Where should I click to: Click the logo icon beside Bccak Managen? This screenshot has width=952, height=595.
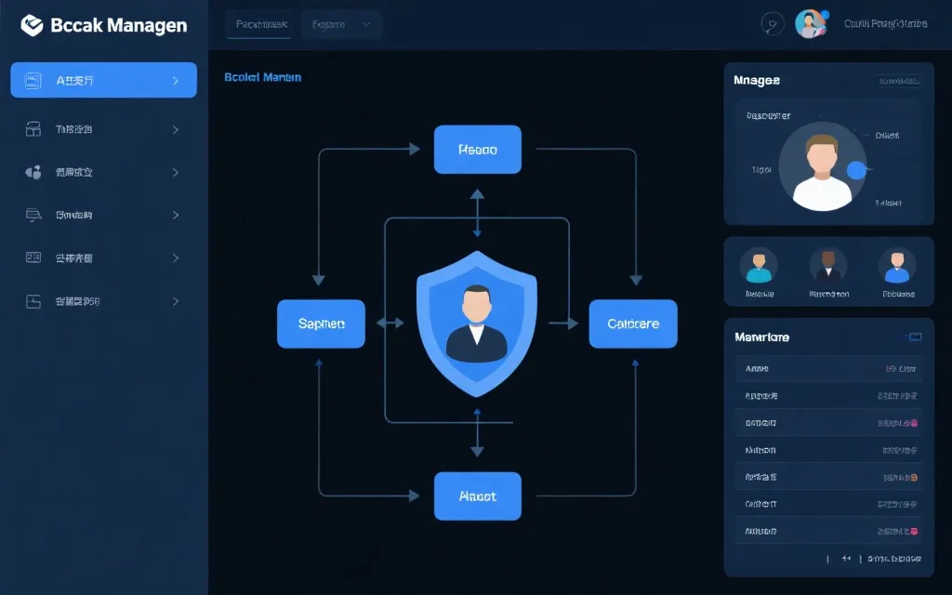pyautogui.click(x=32, y=25)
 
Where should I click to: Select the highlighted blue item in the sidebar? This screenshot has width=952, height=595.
pyautogui.click(x=103, y=80)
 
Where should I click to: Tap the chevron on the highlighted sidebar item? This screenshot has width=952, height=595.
pyautogui.click(x=176, y=81)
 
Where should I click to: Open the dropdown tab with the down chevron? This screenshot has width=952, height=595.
pyautogui.click(x=341, y=25)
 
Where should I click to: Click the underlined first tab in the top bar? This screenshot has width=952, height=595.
pyautogui.click(x=261, y=25)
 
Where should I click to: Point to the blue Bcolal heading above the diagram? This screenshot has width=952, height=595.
pyautogui.click(x=262, y=77)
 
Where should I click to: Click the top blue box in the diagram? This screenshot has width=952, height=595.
pyautogui.click(x=477, y=150)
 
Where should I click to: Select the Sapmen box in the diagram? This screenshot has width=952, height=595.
pyautogui.click(x=321, y=324)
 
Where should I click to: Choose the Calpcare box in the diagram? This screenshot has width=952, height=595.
pyautogui.click(x=633, y=324)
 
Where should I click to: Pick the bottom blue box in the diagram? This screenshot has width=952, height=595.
pyautogui.click(x=477, y=496)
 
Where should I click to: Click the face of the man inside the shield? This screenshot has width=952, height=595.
pyautogui.click(x=477, y=304)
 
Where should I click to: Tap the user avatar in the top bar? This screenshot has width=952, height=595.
pyautogui.click(x=810, y=24)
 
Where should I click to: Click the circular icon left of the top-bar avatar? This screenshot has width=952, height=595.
pyautogui.click(x=772, y=24)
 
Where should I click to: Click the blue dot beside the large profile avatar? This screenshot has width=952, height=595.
pyautogui.click(x=857, y=170)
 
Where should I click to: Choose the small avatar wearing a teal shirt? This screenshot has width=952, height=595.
pyautogui.click(x=759, y=266)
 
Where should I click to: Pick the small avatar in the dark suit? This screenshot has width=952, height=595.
pyautogui.click(x=827, y=265)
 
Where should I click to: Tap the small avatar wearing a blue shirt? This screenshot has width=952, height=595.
pyautogui.click(x=897, y=266)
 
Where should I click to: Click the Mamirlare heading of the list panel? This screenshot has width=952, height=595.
pyautogui.click(x=761, y=337)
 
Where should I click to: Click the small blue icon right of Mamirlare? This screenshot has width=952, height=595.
pyautogui.click(x=914, y=337)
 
